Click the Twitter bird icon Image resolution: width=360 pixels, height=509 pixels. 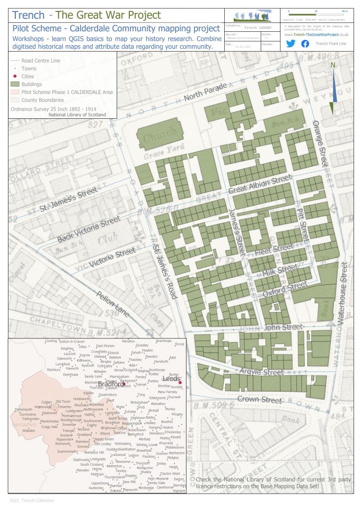click(291, 44)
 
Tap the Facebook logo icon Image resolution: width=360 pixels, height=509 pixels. click(305, 44)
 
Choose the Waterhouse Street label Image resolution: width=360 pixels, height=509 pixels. click(342, 301)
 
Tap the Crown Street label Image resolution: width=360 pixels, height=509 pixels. click(259, 399)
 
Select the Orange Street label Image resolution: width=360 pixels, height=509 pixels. click(321, 143)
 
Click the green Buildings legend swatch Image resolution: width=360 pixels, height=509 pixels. click(15, 84)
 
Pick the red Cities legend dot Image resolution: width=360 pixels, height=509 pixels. click(15, 77)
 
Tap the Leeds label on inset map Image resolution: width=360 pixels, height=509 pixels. click(171, 379)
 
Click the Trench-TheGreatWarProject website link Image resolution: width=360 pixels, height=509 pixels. click(316, 34)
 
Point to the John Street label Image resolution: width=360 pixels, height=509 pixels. click(283, 327)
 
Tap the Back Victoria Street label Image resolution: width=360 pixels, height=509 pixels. click(89, 230)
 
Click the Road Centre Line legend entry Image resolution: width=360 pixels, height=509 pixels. click(37, 61)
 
